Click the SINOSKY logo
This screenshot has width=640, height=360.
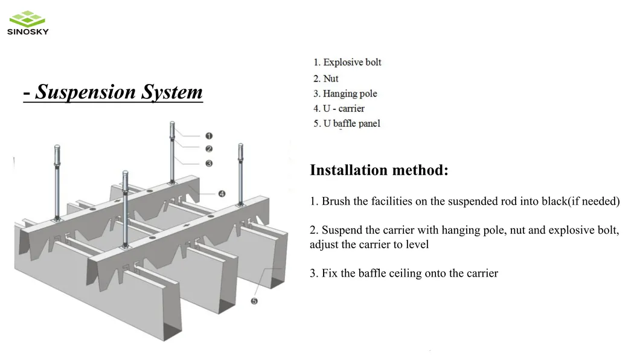28,24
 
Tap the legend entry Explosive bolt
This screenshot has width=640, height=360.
352,62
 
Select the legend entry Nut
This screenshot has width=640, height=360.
330,79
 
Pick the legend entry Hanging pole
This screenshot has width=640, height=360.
350,94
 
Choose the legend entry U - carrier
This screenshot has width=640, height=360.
343,109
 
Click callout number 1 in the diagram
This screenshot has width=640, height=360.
209,136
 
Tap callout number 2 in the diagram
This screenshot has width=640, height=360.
209,149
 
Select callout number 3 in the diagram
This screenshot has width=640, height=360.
209,163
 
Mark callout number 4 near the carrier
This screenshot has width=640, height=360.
222,194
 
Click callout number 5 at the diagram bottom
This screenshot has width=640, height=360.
254,301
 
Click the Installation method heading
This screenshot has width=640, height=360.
379,170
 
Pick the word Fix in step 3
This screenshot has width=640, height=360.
330,274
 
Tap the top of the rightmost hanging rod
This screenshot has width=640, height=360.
240,147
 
